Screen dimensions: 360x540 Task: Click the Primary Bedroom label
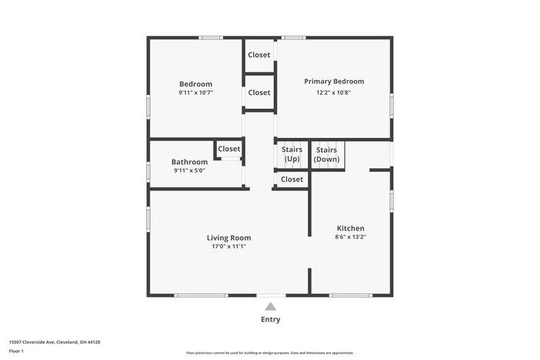pyautogui.click(x=334, y=82)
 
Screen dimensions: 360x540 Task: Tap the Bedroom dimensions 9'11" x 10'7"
pyautogui.click(x=195, y=93)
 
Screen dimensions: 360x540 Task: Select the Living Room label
pyautogui.click(x=228, y=238)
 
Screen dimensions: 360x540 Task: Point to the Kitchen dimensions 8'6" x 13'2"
pyautogui.click(x=350, y=237)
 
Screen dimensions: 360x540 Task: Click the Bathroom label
pyautogui.click(x=189, y=162)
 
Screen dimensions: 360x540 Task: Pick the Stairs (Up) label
pyautogui.click(x=292, y=154)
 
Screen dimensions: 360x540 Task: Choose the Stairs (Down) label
pyautogui.click(x=326, y=154)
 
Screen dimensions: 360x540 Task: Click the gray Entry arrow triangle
pyautogui.click(x=271, y=307)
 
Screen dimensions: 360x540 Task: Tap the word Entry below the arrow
pyautogui.click(x=271, y=320)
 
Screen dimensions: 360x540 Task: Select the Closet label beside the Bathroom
pyautogui.click(x=228, y=149)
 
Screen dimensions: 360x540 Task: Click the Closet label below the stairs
pyautogui.click(x=292, y=180)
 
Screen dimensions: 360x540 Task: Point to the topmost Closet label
pyautogui.click(x=259, y=55)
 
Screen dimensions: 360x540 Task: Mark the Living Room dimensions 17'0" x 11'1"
pyautogui.click(x=228, y=247)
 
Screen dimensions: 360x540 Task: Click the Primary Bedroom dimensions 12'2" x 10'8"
pyautogui.click(x=334, y=93)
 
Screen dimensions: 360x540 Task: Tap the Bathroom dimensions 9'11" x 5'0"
pyautogui.click(x=189, y=171)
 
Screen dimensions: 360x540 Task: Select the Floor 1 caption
pyautogui.click(x=16, y=352)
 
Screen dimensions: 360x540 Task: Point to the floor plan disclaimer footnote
pyautogui.click(x=270, y=353)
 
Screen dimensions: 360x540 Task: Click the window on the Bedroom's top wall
pyautogui.click(x=211, y=37)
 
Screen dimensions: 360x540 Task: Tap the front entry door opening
pyautogui.click(x=271, y=294)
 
